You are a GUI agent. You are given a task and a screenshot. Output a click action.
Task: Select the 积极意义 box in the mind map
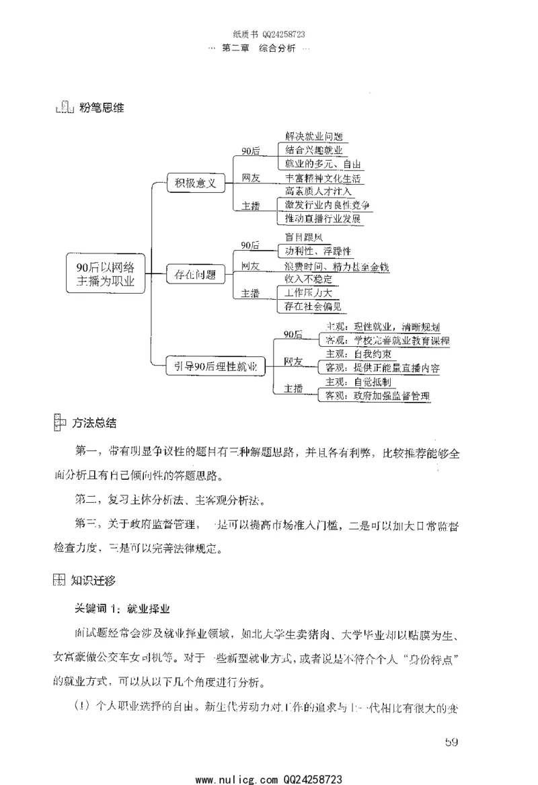coord(196,182)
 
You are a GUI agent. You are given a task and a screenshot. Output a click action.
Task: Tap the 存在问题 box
coord(196,274)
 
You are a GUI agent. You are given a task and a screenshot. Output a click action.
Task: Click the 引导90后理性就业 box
coord(216,366)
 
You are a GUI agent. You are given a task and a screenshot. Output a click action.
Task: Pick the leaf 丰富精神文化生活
coord(323,178)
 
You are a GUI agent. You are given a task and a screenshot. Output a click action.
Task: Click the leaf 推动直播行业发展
coord(323,219)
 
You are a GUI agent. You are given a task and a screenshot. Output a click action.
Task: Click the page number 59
coord(451,742)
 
